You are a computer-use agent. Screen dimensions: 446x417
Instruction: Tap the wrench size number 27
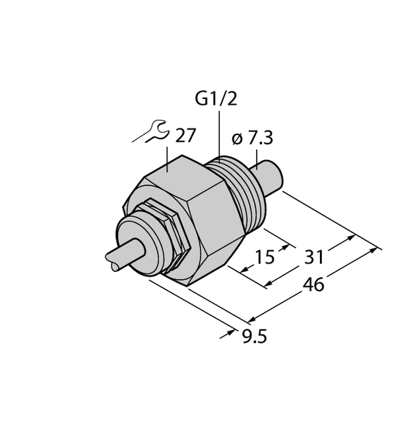click(x=185, y=136)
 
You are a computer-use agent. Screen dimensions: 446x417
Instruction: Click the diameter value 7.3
click(x=259, y=138)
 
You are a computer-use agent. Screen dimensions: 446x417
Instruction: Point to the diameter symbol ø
click(x=238, y=139)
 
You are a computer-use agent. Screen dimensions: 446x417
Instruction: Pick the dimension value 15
click(x=265, y=257)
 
